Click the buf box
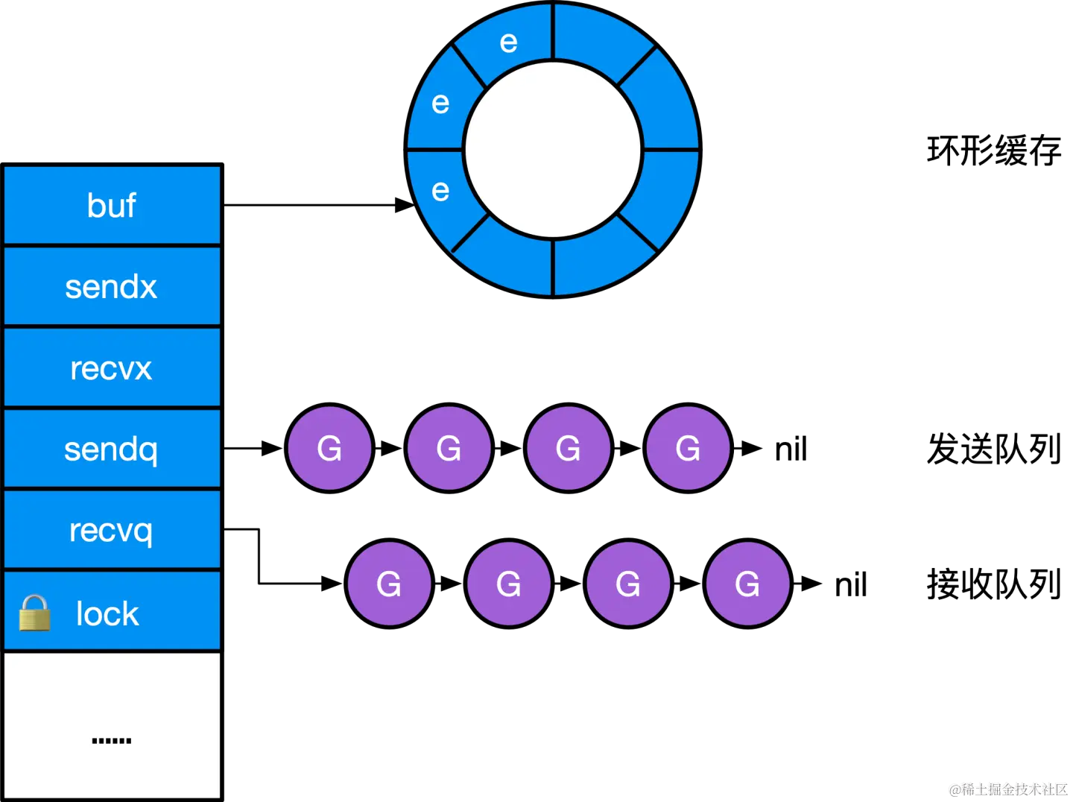112,206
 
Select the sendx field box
112,287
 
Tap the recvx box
112,368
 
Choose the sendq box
112,449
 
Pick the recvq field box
112,531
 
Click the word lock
107,614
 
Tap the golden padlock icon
34,613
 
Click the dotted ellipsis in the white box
112,740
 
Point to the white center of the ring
553,150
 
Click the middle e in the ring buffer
440,103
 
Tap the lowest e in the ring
440,191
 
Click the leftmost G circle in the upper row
329,448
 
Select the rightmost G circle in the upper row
688,448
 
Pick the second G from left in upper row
449,448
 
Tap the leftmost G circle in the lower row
389,584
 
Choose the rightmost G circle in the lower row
747,584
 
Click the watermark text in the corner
1007,789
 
